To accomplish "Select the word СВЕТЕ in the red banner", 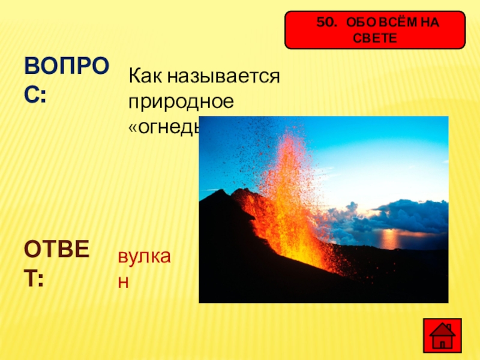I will [375, 37].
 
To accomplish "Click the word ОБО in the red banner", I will [363, 23].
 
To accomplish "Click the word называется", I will [224, 76].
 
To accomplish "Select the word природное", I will [180, 101].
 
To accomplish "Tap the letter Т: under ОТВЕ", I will [34, 278].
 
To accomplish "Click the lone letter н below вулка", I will [123, 281].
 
